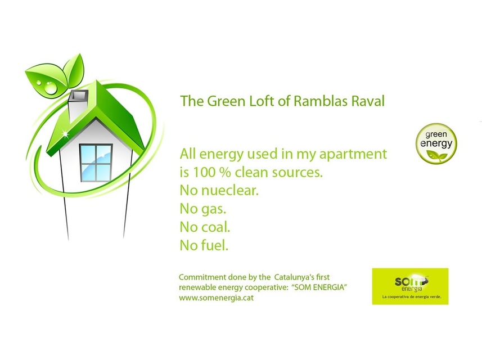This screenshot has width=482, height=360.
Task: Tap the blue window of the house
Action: (x=96, y=163)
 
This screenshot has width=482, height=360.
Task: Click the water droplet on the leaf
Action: (x=51, y=88)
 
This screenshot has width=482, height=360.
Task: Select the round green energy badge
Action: (x=436, y=143)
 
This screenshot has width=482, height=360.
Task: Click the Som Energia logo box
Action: (x=410, y=286)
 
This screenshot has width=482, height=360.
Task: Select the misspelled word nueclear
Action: (x=230, y=191)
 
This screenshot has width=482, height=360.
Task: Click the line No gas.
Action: (x=203, y=209)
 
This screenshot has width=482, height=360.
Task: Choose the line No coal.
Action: (x=205, y=227)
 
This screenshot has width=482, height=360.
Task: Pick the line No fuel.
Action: (x=204, y=245)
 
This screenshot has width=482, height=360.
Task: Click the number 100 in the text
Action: (x=204, y=173)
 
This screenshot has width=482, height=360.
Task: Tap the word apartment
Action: (x=353, y=154)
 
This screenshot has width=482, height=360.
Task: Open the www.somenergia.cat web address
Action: (x=217, y=298)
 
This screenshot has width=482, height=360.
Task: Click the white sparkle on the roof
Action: (x=65, y=134)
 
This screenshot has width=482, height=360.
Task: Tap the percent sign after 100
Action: (x=225, y=173)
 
